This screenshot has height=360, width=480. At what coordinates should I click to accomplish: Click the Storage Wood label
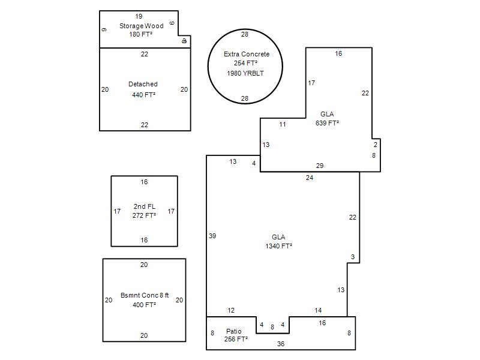point(142,26)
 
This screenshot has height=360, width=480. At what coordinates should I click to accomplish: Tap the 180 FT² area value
point(141,34)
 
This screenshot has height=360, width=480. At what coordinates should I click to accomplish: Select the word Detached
point(143,84)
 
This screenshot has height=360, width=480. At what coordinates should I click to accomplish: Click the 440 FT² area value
point(144,95)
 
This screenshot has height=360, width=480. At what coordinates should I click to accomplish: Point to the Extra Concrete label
point(247,54)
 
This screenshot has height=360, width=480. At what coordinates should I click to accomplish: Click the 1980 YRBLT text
point(245,73)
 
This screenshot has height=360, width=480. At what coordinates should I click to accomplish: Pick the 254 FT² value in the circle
point(245,64)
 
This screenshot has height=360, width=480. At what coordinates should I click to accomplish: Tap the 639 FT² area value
point(327,123)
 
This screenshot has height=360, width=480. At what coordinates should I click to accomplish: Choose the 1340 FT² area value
point(278,246)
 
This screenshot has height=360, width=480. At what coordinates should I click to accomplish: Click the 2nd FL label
point(145,206)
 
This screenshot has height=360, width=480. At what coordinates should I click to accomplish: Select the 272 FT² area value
point(144,215)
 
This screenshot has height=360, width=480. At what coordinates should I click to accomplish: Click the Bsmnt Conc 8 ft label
point(145,295)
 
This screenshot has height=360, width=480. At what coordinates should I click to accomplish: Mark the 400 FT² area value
point(144,305)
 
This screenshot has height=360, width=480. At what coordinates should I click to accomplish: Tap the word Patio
point(234,331)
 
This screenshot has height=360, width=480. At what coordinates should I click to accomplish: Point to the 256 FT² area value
point(236,339)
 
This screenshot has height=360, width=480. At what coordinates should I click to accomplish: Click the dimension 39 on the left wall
point(212,236)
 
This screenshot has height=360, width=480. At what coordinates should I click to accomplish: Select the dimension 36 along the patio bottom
point(281,344)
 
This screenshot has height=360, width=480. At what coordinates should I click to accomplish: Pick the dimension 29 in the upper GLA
point(320,166)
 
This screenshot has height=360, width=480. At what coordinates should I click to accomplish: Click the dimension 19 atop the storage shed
point(139,17)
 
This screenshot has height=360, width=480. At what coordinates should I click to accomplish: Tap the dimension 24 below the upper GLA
point(310,178)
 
